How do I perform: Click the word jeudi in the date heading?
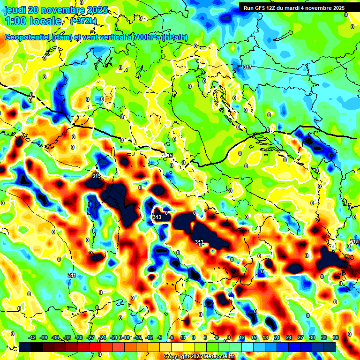tap(15, 10)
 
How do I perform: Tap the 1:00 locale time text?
tap(34, 21)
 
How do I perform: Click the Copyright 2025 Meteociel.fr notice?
tap(199, 357)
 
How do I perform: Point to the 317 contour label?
tap(247, 67)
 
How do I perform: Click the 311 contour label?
tap(72, 275)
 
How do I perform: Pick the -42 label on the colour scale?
tap(32, 337)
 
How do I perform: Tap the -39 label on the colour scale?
tap(44, 337)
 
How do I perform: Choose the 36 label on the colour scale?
tap(336, 337)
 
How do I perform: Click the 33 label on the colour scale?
tap(324, 337)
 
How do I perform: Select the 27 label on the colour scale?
tap(300, 337)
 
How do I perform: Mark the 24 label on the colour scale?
tap(289, 337)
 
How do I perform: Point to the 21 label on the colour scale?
tap(277, 337)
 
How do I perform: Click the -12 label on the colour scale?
tap(150, 337)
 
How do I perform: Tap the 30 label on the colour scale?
tap(312, 337)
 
